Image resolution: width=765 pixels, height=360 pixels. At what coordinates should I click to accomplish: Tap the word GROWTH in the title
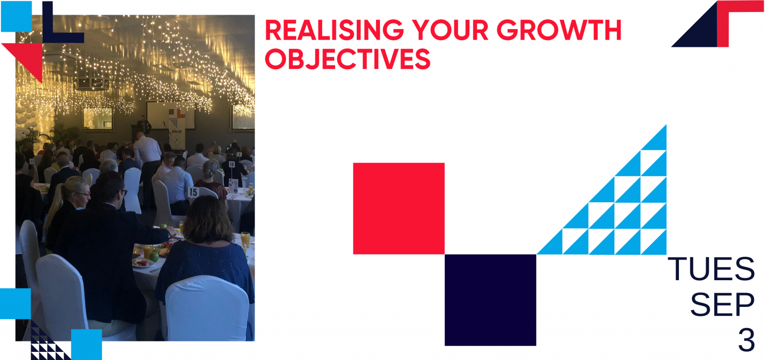click(559, 30)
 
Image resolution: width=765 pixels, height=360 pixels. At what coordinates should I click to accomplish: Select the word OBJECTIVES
click(348, 59)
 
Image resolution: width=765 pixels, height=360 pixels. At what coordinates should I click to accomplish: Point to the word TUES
click(711, 269)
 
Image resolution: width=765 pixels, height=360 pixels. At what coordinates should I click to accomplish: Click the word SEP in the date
click(722, 305)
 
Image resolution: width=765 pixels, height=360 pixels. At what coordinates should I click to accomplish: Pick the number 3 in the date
click(746, 340)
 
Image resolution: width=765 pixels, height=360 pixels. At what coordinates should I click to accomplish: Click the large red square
click(399, 208)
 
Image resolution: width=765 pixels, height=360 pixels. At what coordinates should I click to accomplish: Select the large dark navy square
click(491, 300)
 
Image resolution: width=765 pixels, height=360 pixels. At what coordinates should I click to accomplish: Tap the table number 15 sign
click(193, 192)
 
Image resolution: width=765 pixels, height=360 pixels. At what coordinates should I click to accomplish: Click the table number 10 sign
click(232, 164)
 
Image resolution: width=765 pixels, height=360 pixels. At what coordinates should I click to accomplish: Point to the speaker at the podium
click(144, 125)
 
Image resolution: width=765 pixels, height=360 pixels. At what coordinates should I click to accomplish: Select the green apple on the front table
click(154, 256)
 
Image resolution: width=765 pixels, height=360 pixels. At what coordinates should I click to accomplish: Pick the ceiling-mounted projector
click(92, 83)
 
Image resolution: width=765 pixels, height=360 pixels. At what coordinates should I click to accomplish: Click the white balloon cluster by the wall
click(26, 120)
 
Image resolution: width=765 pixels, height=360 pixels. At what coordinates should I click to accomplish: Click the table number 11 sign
click(32, 161)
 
